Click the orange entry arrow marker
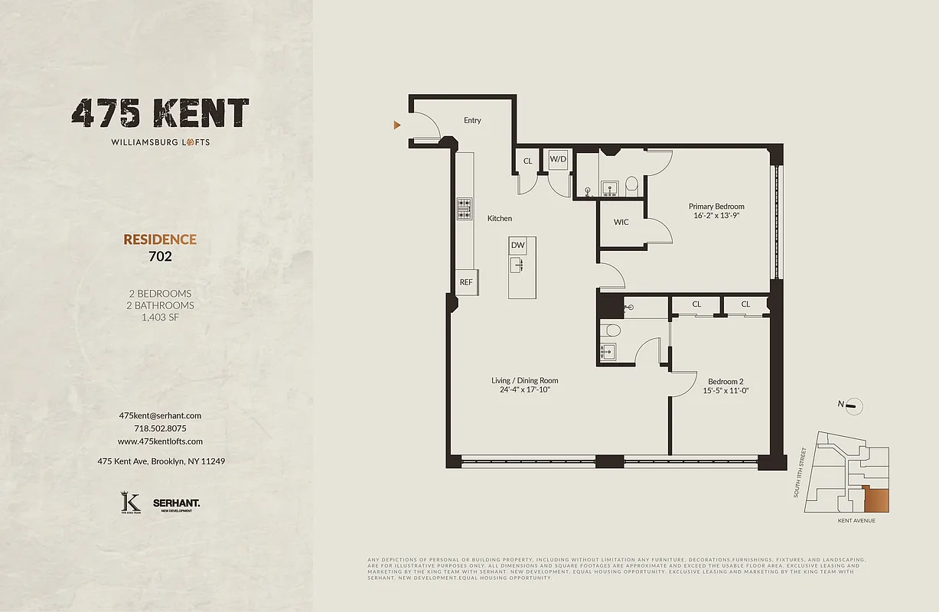[x=397, y=125]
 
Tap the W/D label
[x=557, y=160]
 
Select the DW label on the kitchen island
[x=518, y=246]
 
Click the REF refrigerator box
[x=466, y=282]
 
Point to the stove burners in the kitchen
[x=465, y=209]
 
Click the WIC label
[x=621, y=223]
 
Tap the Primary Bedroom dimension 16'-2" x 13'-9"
[x=716, y=216]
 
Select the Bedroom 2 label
[x=726, y=382]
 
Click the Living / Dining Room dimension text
[x=524, y=389]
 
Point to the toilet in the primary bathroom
[x=631, y=184]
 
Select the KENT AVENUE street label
[x=856, y=520]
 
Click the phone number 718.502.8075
[x=160, y=428]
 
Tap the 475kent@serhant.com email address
[x=160, y=415]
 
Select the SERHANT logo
[x=176, y=503]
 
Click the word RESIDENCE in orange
[x=160, y=239]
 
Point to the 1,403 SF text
[x=160, y=317]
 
